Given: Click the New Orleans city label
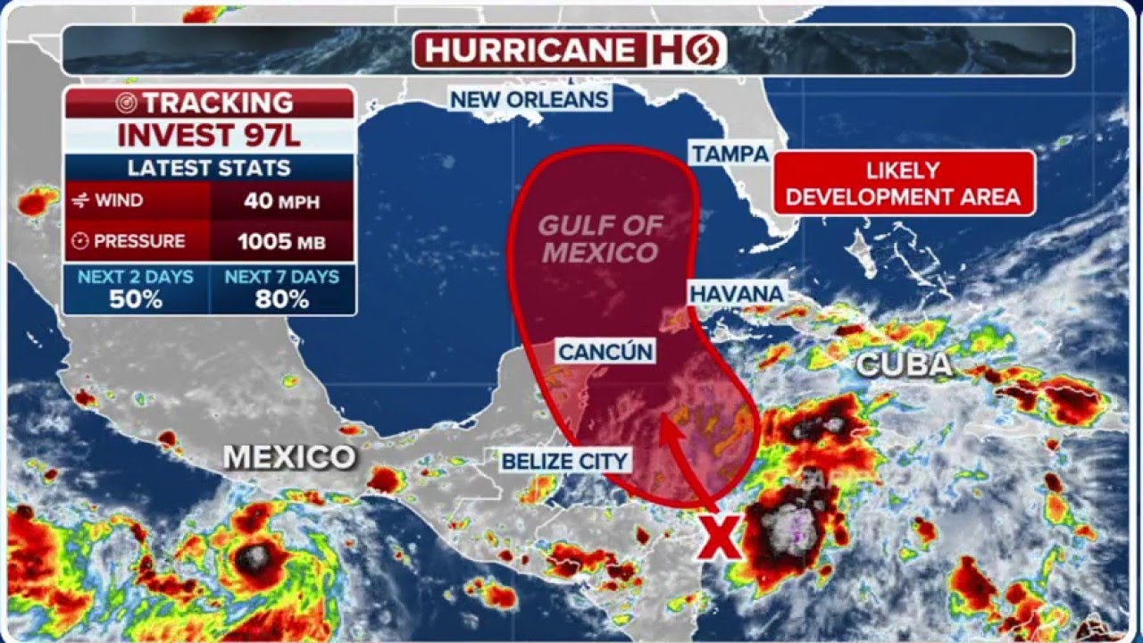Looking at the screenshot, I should click(x=530, y=99).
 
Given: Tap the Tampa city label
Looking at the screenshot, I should click(x=730, y=153).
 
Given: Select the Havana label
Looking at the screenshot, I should click(x=736, y=293).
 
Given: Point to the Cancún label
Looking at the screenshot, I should click(x=605, y=351).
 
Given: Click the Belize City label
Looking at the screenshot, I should click(x=564, y=461).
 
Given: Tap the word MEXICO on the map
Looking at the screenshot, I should click(x=288, y=457).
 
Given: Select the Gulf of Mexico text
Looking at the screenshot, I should click(x=600, y=238).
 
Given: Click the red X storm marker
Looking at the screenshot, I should click(x=720, y=538).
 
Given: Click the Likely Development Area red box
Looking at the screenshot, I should click(x=904, y=183).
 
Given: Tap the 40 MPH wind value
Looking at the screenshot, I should click(x=281, y=200).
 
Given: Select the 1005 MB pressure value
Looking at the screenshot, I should click(x=281, y=241).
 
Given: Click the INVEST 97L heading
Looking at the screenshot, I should click(x=210, y=136).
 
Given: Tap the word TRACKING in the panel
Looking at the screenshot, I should click(x=218, y=103).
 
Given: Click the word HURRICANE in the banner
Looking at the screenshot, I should click(x=529, y=50).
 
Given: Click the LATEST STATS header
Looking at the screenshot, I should click(x=209, y=168).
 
